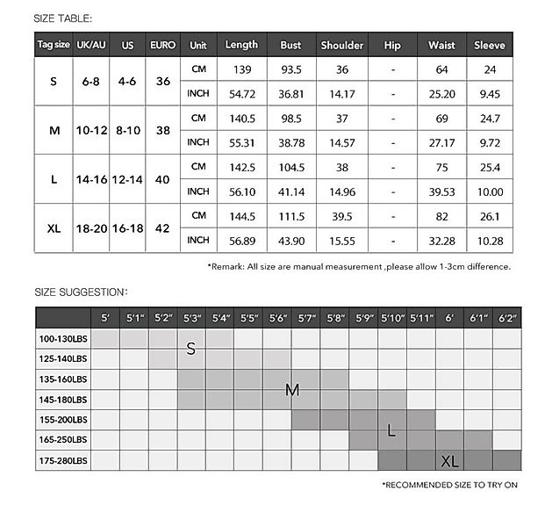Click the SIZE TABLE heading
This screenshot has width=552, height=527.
pyautogui.click(x=62, y=18)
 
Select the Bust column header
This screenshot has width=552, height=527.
pyautogui.click(x=290, y=45)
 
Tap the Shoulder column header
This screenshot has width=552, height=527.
pyautogui.click(x=342, y=45)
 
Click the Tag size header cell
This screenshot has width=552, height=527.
pyautogui.click(x=53, y=45)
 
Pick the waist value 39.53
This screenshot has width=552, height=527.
pyautogui.click(x=441, y=191)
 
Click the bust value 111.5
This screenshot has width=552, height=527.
pyautogui.click(x=290, y=216)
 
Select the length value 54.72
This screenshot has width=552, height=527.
pyautogui.click(x=241, y=93)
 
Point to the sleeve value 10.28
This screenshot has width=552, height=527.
pyautogui.click(x=490, y=241)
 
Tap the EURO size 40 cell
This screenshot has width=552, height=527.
pyautogui.click(x=162, y=179)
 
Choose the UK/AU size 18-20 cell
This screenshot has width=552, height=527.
pyautogui.click(x=91, y=228)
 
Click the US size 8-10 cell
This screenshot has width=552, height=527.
pyautogui.click(x=127, y=130)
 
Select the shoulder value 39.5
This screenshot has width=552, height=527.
pyautogui.click(x=342, y=216)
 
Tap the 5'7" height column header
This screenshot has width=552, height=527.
pyautogui.click(x=306, y=318)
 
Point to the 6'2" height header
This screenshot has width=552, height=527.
pyautogui.click(x=506, y=318)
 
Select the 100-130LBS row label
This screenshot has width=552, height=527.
pyautogui.click(x=62, y=338)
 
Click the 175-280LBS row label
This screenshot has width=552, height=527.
pyautogui.click(x=62, y=460)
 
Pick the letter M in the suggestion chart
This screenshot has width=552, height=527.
pyautogui.click(x=292, y=390)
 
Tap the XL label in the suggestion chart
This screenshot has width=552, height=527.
pyautogui.click(x=450, y=461)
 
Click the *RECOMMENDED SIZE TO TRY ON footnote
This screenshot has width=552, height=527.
pyautogui.click(x=450, y=485)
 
